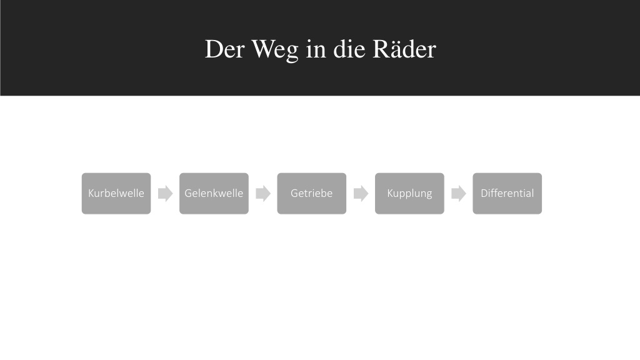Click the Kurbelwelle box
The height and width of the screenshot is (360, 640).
pos(116,194)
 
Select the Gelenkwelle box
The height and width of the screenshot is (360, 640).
pos(214,194)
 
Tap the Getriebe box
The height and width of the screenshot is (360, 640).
pos(312,194)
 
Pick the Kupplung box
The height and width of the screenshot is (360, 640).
pos(409,194)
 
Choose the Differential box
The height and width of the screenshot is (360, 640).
pos(507,194)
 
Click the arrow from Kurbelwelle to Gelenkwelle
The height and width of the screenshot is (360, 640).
pos(165,194)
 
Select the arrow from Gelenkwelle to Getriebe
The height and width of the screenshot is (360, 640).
pos(263,194)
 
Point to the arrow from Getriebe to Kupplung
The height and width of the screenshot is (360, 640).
pos(361,194)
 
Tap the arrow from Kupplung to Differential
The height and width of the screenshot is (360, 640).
pos(459,194)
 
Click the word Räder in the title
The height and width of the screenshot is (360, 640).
pos(404,49)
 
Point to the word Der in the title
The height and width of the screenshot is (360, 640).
pos(225,49)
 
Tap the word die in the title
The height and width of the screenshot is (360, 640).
pos(349,49)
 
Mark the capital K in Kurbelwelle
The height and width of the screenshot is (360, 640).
pos(91,193)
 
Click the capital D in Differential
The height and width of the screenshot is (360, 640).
pos(484,193)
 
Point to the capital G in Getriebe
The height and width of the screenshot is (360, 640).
pos(294,193)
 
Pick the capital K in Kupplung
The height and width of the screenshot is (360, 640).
pos(390,193)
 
